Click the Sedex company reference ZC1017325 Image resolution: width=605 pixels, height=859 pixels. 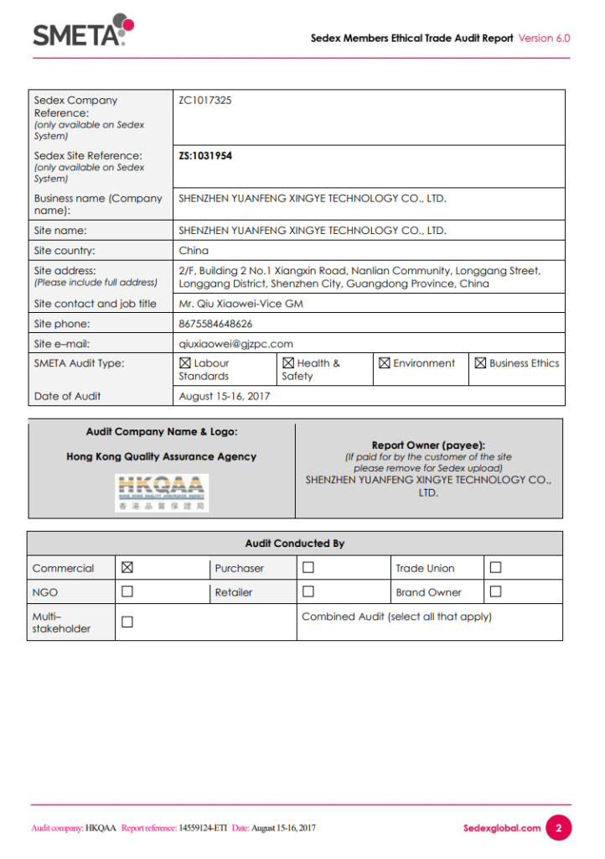tap(205, 101)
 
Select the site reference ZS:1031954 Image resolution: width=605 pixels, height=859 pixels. tap(205, 156)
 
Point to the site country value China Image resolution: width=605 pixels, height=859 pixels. tap(194, 251)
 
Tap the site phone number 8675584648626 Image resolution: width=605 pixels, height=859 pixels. tap(215, 324)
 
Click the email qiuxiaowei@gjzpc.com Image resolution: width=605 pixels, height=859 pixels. tap(235, 344)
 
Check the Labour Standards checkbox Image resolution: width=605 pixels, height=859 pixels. tap(185, 363)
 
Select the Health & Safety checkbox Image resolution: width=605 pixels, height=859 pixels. tap(288, 363)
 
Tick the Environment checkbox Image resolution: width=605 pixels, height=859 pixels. tap(385, 363)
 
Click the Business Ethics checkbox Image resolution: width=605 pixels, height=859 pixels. tap(481, 363)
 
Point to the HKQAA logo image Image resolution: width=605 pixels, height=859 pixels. tap(162, 492)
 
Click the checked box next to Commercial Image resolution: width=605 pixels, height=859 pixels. tap(127, 568)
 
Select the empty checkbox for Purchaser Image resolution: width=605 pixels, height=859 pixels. tap(308, 568)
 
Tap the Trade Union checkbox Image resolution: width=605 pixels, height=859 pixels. tap(495, 568)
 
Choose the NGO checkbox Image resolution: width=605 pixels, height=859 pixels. tap(127, 591)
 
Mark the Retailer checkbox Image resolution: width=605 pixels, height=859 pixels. tap(308, 591)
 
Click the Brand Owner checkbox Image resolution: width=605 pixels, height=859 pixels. tap(495, 591)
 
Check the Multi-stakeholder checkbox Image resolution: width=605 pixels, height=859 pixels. tap(127, 622)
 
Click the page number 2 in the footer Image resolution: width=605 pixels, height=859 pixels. tap(559, 828)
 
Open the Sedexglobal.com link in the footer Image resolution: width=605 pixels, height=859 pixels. tap(502, 828)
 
